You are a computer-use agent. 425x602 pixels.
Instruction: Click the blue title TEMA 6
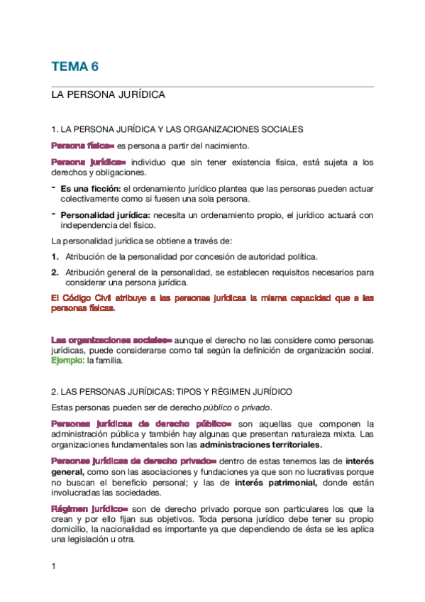74,67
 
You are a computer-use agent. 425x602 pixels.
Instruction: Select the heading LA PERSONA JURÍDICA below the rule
108,94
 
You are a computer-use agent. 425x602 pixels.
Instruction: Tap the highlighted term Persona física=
82,146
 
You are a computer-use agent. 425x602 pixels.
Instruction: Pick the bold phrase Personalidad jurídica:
104,215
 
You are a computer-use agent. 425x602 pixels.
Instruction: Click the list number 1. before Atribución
55,256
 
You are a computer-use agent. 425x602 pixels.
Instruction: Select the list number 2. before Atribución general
55,272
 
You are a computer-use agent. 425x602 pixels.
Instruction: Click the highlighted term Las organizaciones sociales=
111,340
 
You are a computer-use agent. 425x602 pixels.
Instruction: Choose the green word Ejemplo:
67,360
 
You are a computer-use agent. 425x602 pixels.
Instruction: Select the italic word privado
255,407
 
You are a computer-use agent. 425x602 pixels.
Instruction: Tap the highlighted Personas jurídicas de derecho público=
141,424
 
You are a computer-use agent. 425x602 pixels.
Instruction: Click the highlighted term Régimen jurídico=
89,509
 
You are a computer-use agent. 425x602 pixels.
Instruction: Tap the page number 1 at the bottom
53,566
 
